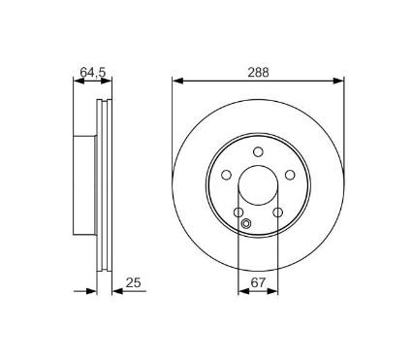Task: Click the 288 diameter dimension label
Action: click(258, 71)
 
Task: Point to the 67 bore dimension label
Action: click(258, 283)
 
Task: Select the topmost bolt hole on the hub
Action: click(258, 151)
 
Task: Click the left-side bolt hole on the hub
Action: click(226, 175)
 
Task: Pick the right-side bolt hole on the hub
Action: click(290, 175)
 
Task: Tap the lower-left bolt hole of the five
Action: click(238, 212)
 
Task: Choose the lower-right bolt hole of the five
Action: click(277, 212)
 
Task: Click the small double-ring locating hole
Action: click(245, 227)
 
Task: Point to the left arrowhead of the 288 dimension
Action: click(177, 81)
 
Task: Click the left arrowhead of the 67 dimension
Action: click(242, 291)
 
